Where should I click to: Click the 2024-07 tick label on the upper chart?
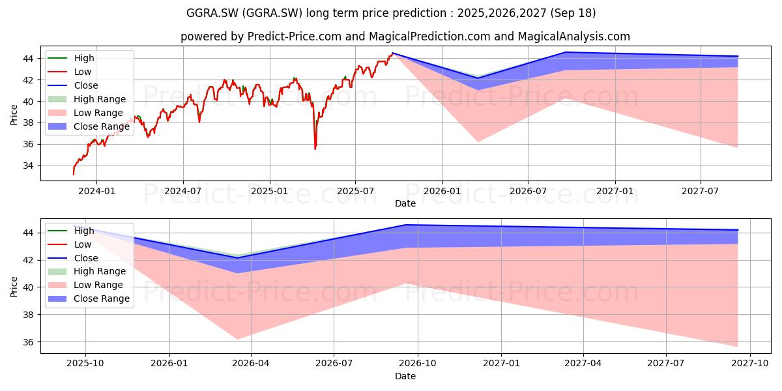pos(183,192)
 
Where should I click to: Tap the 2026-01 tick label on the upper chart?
pos(442,192)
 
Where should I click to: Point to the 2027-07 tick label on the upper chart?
pos(701,192)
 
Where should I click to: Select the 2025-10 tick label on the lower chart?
pos(85,364)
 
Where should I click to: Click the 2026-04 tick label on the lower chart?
pos(251,364)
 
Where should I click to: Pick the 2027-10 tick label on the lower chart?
pos(750,364)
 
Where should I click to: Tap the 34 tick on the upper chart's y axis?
pos(28,166)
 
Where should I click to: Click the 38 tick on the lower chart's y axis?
pos(28,315)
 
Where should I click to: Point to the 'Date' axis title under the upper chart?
pos(405,203)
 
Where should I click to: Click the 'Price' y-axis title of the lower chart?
pos(14,287)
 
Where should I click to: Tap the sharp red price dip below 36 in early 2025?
pos(315,149)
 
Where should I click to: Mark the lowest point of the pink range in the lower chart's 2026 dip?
pos(237,339)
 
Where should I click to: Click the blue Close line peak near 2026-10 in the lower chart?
pos(405,225)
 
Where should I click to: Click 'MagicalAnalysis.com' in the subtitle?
pos(574,36)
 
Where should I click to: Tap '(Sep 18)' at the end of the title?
pos(573,13)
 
